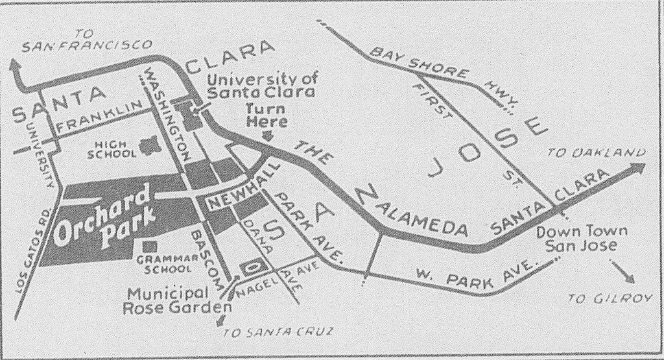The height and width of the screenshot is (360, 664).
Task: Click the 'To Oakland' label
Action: coord(597,153)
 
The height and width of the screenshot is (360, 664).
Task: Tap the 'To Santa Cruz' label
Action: coord(277,333)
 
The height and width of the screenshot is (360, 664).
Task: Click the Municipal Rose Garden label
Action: coord(176,300)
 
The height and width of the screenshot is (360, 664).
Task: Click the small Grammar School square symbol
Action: coord(150,247)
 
